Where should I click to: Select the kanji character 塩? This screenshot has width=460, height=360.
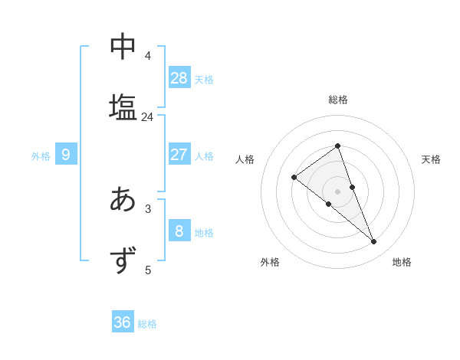tap(123, 106)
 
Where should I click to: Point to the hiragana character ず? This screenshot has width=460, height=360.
tap(123, 260)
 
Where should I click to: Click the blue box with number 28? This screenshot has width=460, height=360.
tap(179, 77)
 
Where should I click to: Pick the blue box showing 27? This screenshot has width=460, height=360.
tap(179, 155)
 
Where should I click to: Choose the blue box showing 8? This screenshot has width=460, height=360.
tap(179, 231)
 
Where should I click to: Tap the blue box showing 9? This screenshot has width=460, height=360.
tap(66, 155)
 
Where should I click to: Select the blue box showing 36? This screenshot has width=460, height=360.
tap(123, 322)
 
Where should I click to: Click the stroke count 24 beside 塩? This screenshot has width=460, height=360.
tap(147, 117)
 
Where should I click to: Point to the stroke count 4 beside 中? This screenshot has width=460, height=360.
tap(148, 56)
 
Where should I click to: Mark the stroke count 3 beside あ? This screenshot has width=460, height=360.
tap(148, 208)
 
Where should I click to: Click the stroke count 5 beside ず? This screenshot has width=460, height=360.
tap(148, 270)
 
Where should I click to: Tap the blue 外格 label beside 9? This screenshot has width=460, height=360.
tap(41, 156)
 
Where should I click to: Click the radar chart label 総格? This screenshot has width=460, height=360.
tap(337, 100)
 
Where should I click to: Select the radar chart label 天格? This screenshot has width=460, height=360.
tap(432, 159)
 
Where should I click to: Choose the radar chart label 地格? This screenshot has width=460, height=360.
tap(402, 262)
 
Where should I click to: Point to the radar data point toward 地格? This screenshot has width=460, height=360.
tap(374, 242)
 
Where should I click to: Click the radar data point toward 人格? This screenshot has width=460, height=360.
tap(294, 177)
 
